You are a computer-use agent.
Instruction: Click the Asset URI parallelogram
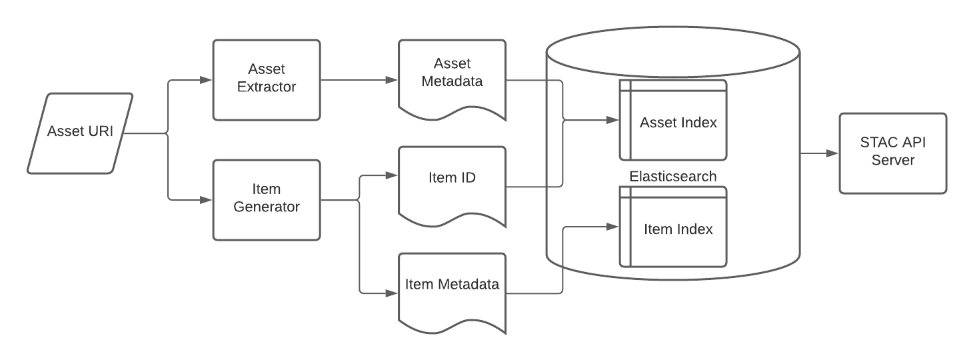click(80, 133)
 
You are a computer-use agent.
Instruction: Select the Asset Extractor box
click(267, 80)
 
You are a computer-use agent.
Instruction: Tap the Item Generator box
click(267, 200)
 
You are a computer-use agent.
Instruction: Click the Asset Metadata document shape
click(453, 78)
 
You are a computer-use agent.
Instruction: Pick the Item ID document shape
click(453, 185)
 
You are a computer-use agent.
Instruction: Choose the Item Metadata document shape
click(453, 291)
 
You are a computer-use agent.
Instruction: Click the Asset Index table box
click(673, 120)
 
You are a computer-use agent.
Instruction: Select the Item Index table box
click(673, 227)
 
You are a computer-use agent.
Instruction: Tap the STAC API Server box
click(893, 153)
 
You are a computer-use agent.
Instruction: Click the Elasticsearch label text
click(673, 176)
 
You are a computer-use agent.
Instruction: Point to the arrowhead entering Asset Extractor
click(206, 80)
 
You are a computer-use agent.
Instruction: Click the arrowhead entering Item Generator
click(206, 200)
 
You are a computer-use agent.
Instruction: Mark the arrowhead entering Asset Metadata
click(392, 80)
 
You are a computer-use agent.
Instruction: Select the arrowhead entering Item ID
click(392, 175)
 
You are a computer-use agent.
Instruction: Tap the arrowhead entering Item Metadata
click(392, 293)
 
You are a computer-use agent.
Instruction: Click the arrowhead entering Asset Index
click(612, 120)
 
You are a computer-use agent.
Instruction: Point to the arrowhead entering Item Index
click(612, 227)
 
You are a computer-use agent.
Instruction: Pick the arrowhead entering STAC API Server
click(832, 153)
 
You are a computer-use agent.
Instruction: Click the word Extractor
click(267, 87)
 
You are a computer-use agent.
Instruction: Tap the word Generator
click(267, 207)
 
